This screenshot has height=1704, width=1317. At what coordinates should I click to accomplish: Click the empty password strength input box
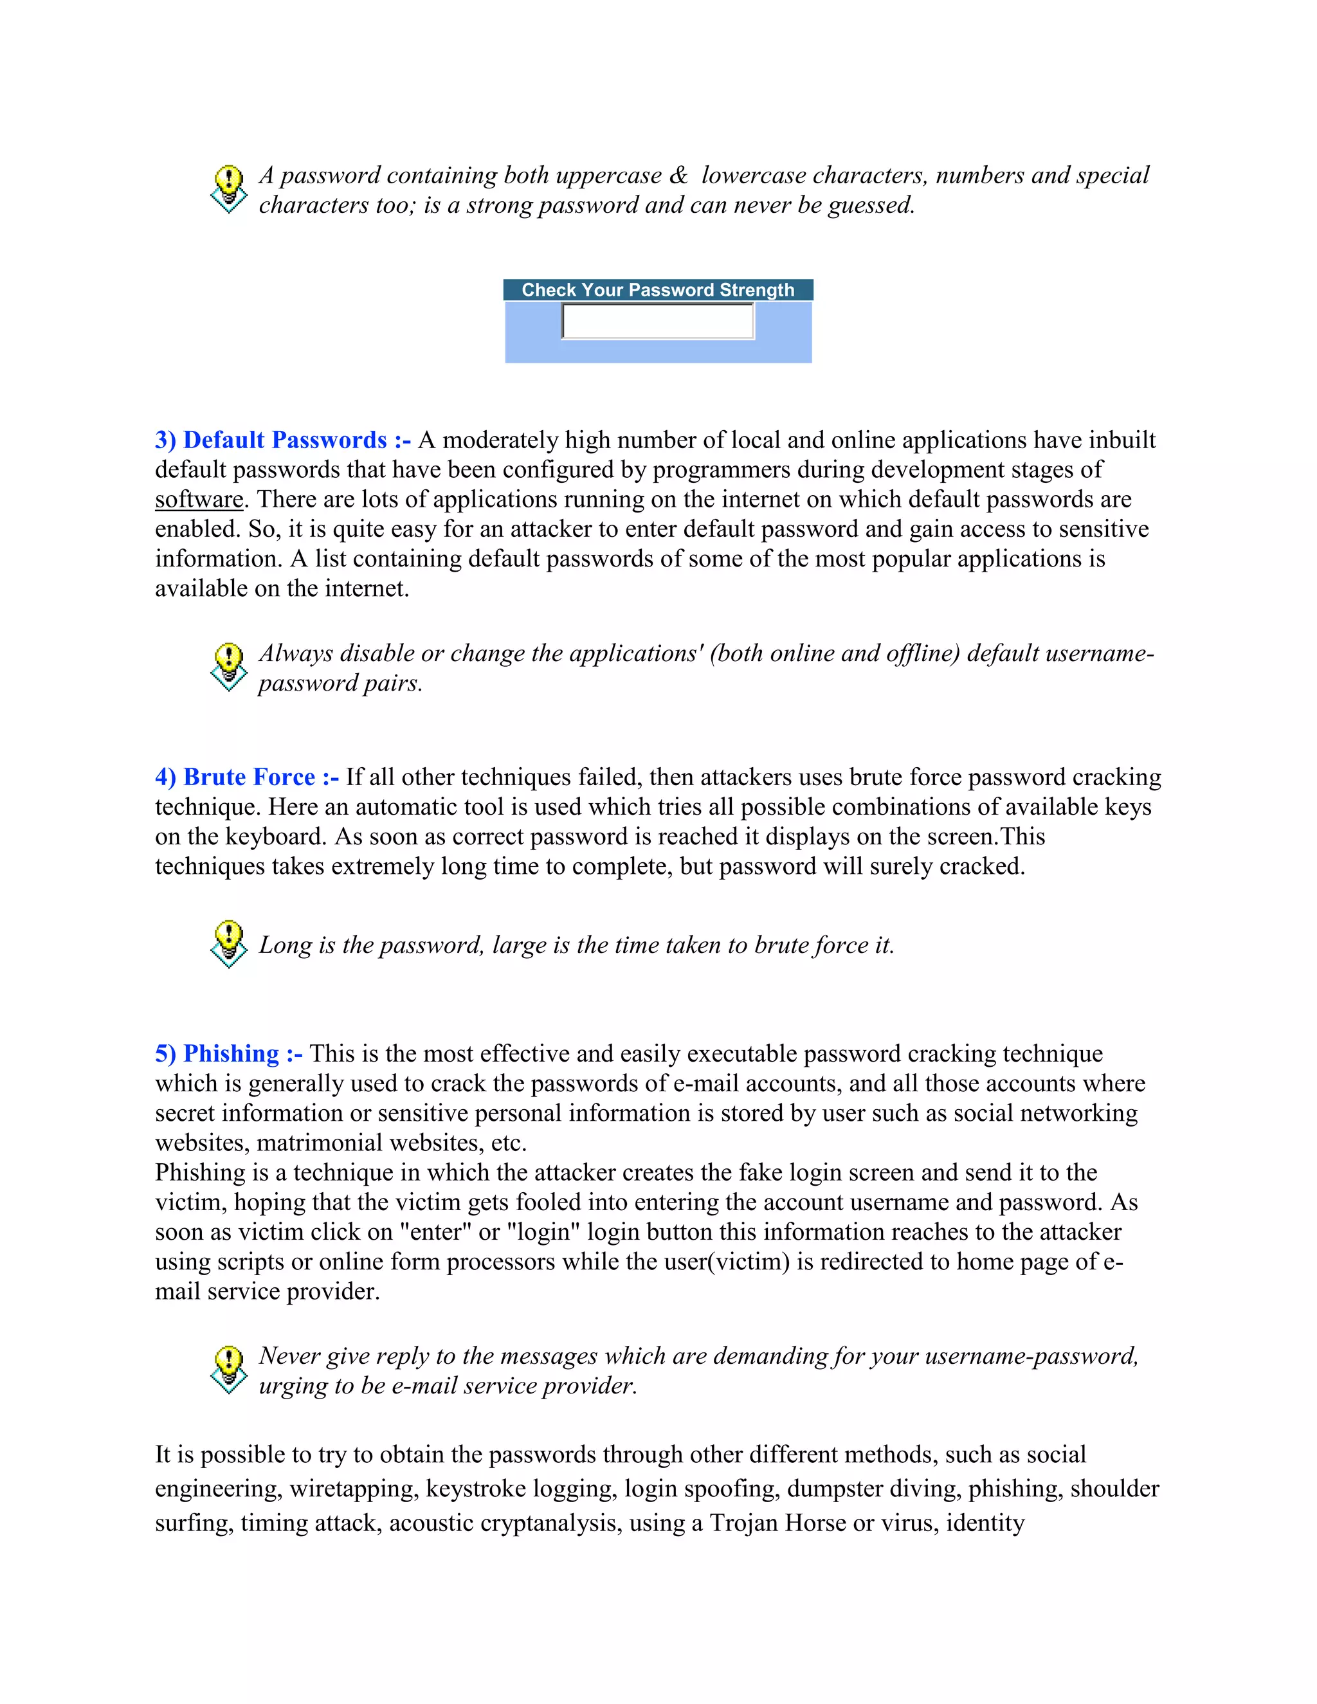[658, 322]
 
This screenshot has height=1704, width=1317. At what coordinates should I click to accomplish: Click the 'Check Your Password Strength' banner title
[658, 290]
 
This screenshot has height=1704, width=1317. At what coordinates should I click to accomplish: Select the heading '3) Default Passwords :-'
[282, 440]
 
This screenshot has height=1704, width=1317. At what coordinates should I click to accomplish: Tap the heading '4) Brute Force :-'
[246, 777]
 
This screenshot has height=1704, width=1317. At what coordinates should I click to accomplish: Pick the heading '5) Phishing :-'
[228, 1053]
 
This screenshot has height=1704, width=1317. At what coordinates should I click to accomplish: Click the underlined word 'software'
[199, 500]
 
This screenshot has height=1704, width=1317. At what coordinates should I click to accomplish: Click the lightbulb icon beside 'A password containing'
[228, 188]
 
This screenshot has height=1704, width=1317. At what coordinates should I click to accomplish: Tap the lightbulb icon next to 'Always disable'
[228, 666]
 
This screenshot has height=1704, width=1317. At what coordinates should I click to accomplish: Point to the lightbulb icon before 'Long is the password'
[228, 944]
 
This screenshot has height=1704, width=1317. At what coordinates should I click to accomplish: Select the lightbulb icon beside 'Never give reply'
[228, 1369]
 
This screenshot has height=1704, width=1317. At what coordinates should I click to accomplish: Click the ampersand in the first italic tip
[678, 176]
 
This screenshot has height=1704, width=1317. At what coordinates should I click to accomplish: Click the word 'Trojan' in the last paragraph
[746, 1522]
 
